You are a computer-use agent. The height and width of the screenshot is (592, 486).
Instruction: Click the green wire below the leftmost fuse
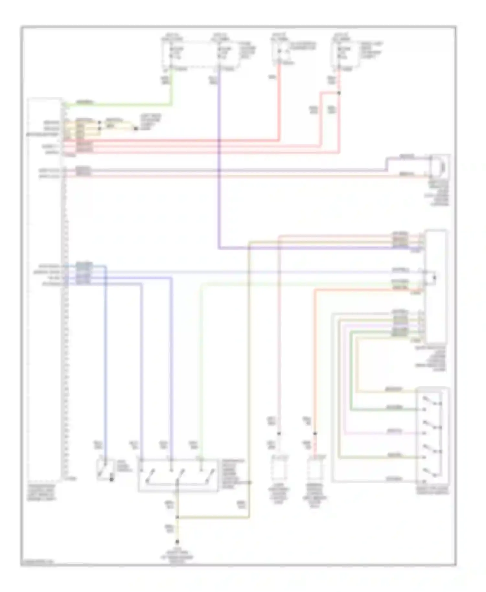171,87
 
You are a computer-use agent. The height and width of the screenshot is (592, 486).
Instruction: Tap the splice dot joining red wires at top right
339,93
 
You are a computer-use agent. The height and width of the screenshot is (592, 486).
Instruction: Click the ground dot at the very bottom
177,541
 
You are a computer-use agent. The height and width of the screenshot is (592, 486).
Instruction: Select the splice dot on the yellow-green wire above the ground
177,518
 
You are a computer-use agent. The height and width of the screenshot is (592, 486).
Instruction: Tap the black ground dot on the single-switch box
111,479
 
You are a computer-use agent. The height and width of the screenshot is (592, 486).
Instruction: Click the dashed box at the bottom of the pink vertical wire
279,468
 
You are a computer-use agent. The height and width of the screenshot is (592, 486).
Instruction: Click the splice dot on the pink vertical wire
279,433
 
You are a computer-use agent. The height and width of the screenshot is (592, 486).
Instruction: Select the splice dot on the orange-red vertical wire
315,433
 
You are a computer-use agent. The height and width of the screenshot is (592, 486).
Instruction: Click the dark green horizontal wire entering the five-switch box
382,410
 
